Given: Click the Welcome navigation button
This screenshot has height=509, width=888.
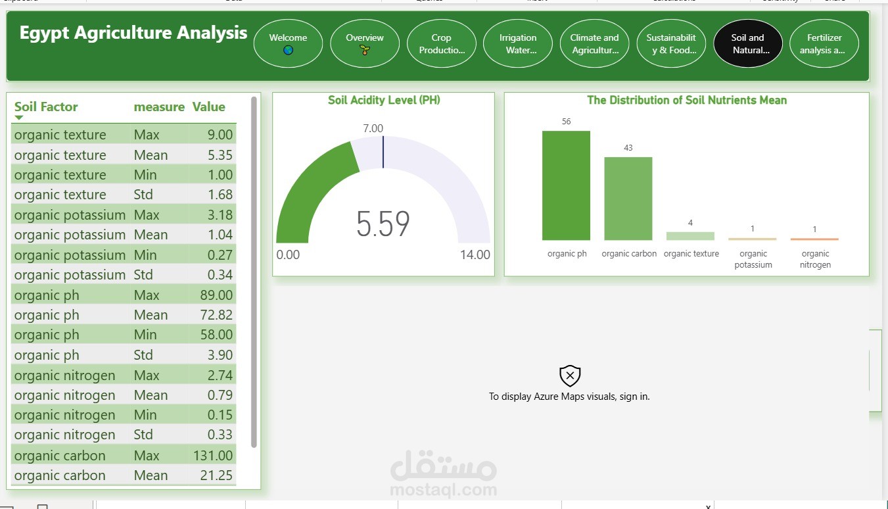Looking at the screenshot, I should [288, 43].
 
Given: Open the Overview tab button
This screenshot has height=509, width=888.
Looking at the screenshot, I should [365, 43].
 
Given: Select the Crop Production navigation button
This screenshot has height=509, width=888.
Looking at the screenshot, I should [442, 43].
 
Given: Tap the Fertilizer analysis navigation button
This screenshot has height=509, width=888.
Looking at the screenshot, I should [824, 43].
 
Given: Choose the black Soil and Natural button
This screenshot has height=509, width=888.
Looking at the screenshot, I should [747, 43].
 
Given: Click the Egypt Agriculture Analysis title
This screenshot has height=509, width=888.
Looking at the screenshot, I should [133, 34].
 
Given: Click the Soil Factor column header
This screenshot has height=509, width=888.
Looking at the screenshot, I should [46, 107].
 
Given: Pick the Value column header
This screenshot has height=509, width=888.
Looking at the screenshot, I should [208, 107].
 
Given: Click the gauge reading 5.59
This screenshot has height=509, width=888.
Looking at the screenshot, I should [383, 224].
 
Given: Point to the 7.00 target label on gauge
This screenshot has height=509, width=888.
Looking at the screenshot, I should [373, 128].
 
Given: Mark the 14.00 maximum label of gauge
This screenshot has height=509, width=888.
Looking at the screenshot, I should [475, 255].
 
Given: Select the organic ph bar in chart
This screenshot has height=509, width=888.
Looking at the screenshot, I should [566, 185].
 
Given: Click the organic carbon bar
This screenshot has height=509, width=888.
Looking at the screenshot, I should [628, 199].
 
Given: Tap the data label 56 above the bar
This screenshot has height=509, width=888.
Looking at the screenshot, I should [567, 122].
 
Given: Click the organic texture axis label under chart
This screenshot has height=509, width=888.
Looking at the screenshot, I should [691, 254].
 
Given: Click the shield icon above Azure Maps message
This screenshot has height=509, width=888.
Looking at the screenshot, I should [570, 376].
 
